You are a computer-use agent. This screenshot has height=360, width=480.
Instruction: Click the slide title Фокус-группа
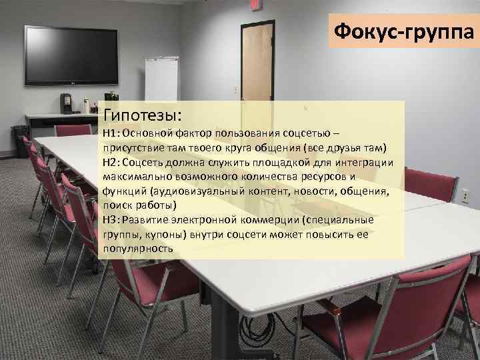point(402,31)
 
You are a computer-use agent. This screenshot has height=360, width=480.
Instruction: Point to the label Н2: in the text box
point(111,162)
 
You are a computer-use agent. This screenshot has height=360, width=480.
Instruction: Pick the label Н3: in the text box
point(111,219)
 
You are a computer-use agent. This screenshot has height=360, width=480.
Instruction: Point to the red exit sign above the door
point(254,6)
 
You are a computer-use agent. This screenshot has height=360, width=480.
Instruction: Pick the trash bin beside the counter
point(21,141)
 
